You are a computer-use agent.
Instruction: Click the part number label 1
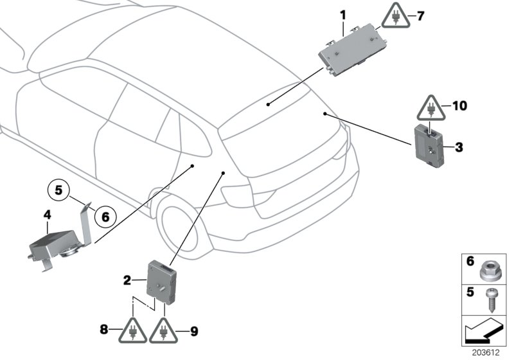[x=342, y=14]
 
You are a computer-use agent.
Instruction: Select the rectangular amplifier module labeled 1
[x=350, y=50]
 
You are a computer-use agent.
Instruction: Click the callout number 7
[x=421, y=15]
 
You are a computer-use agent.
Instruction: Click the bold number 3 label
[x=458, y=148]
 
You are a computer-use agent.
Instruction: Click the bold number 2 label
[x=127, y=280]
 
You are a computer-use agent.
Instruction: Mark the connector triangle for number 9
[x=164, y=330]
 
